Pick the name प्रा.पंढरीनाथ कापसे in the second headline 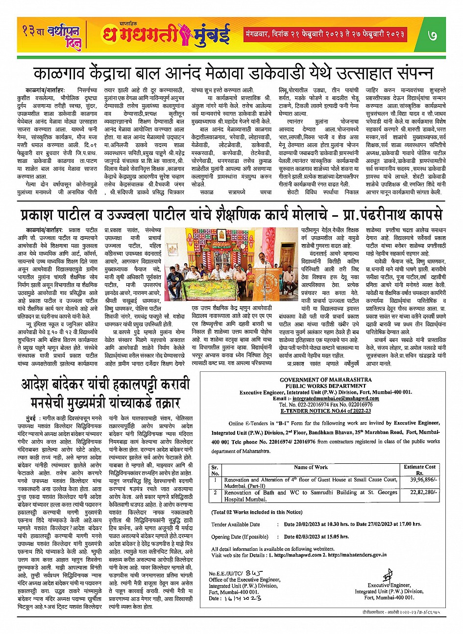tap(387, 215)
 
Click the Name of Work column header tap(311, 467)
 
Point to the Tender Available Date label tap(236, 524)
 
